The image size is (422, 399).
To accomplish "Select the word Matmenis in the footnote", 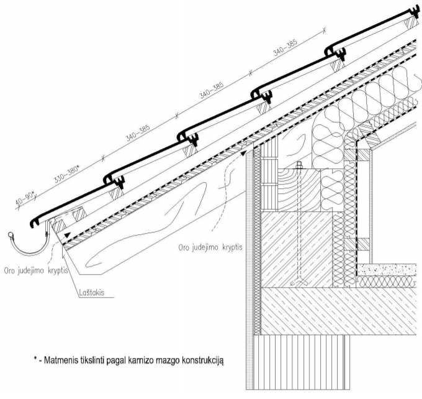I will [x=64, y=360].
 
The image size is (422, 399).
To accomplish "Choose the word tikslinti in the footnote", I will [x=97, y=360].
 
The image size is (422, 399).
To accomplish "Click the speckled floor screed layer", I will [x=388, y=270].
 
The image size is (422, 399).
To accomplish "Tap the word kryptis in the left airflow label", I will [x=58, y=272].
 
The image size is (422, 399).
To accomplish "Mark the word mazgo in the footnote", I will [x=169, y=360].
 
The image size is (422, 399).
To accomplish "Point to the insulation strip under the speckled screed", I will [x=388, y=282].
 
